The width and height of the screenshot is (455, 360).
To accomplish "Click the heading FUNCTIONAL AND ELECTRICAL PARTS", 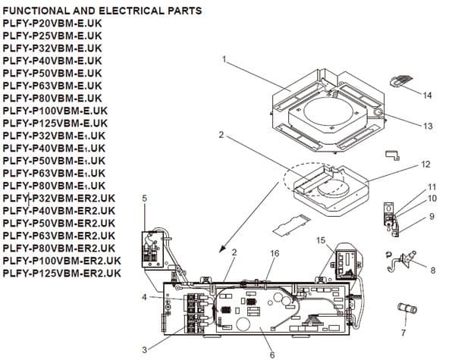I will coord(102,11).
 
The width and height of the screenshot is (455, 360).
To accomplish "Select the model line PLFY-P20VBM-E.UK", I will coord(52,23).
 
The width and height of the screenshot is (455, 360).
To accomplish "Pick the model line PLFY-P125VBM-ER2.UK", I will coord(61,273).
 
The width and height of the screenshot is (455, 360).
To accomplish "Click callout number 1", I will coord(224,58).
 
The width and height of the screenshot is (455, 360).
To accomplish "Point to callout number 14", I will coord(428,95).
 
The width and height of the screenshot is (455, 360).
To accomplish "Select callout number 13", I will coord(428,126).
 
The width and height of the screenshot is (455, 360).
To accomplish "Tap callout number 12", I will coord(426,164).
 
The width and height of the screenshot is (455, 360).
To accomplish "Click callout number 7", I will coord(403,332).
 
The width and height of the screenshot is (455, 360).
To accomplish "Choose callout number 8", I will coord(432,269).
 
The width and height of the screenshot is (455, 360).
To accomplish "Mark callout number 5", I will coord(145,199).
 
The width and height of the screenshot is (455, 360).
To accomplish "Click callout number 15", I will coord(321,240).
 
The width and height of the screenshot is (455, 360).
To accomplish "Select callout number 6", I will coord(272,353).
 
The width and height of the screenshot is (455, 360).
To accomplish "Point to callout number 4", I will coord(143,296).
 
